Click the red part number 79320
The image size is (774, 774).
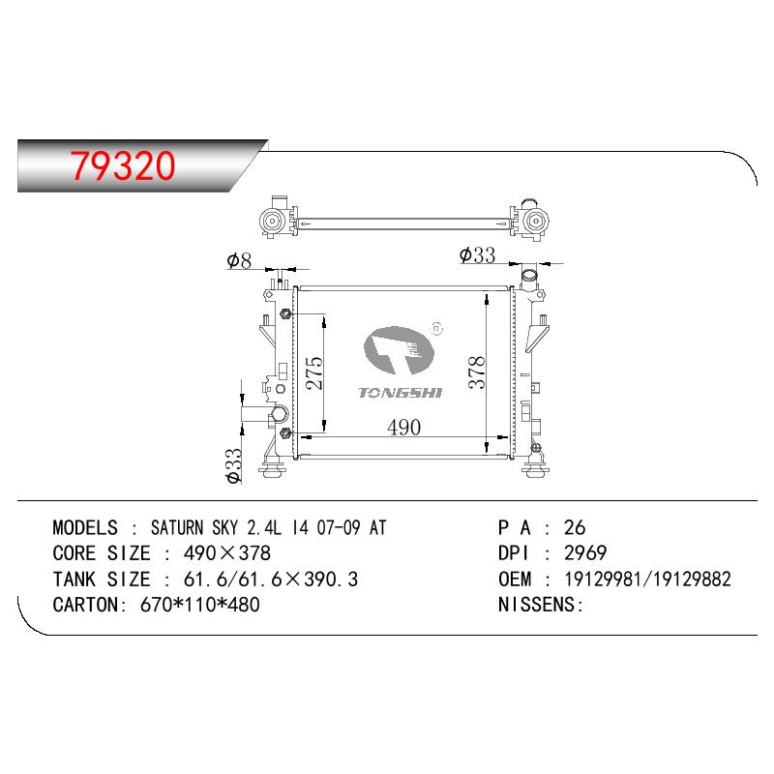coord(123,164)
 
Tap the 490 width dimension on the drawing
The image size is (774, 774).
coord(403,428)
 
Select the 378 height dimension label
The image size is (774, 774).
coord(477,372)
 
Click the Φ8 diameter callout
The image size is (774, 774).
coord(239,260)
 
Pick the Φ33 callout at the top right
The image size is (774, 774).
coord(477,255)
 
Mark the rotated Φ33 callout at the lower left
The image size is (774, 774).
coord(233,466)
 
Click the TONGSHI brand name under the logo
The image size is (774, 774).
coord(401,393)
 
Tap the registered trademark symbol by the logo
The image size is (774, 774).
coord(437,328)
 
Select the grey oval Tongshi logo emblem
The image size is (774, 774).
coord(399,349)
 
